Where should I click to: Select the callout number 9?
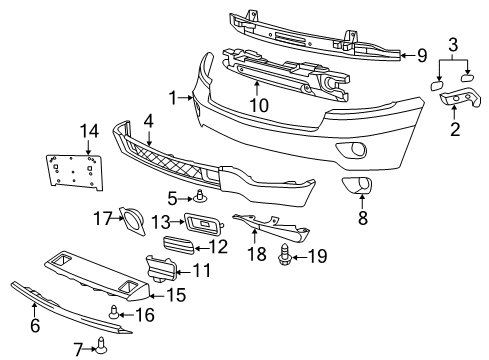click(422, 55)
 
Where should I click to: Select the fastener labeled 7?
click(103, 347)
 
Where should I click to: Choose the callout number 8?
click(362, 214)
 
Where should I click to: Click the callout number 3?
click(452, 45)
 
